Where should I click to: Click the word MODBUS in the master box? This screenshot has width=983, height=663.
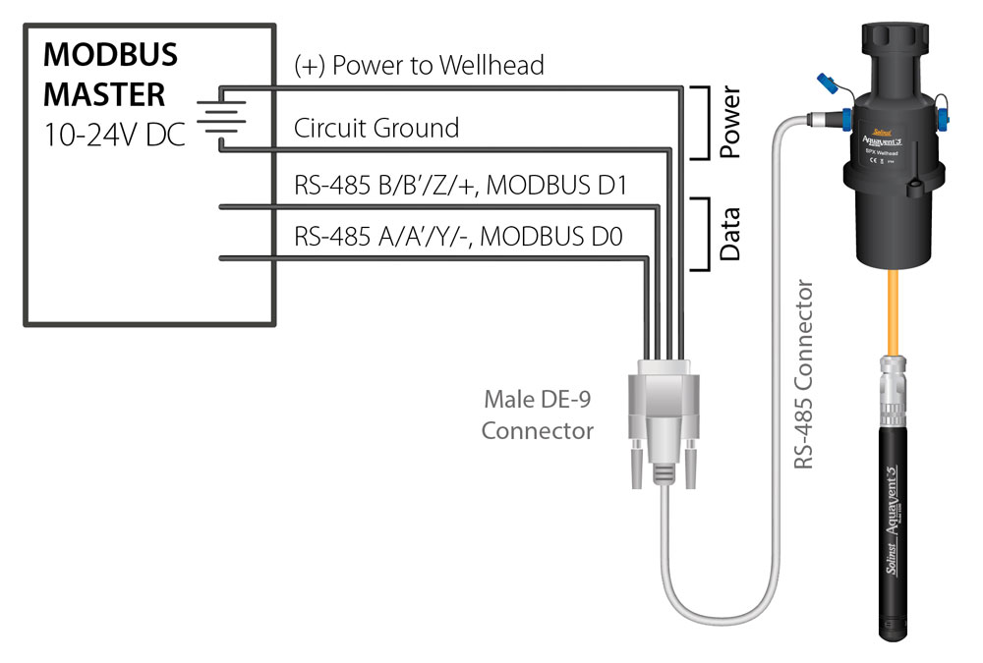110,55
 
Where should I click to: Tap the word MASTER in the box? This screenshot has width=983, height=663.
103,95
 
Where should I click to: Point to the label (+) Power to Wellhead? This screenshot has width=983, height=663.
419,67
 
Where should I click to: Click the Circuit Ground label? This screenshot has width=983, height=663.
376,128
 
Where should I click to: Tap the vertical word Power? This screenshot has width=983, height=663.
729,123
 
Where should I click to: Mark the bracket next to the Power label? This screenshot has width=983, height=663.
701,123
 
